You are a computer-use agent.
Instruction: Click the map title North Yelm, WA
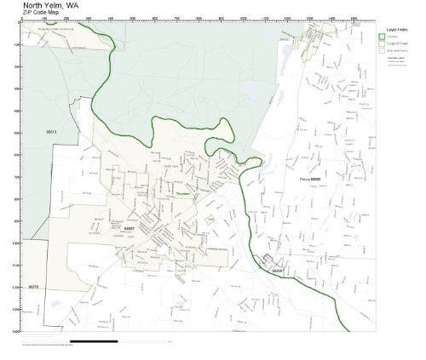point(52,4)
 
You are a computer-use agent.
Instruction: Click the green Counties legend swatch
point(383,36)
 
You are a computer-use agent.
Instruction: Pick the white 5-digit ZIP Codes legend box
point(383,43)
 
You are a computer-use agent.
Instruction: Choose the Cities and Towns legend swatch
point(383,51)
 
